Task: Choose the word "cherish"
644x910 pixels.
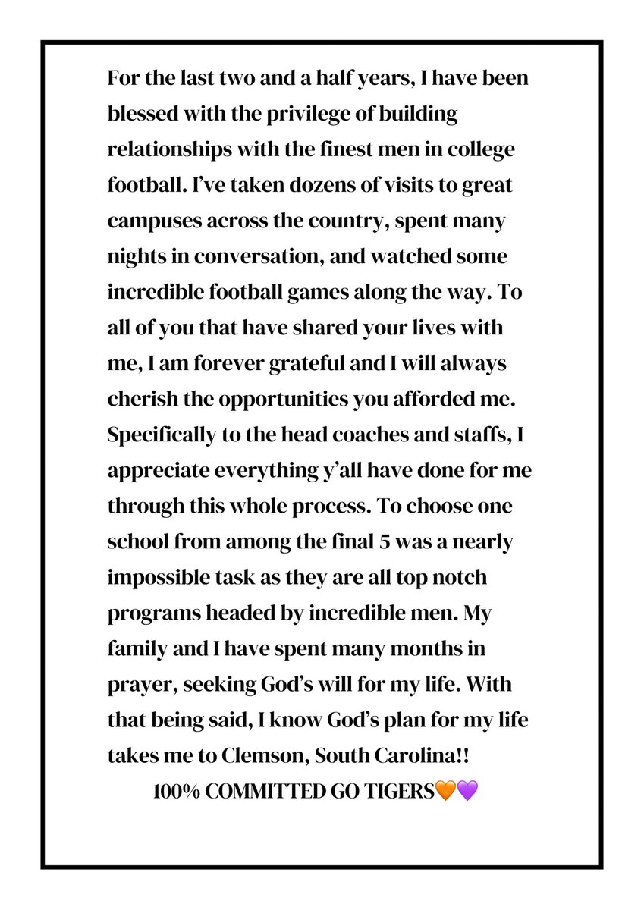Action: coord(138,399)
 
